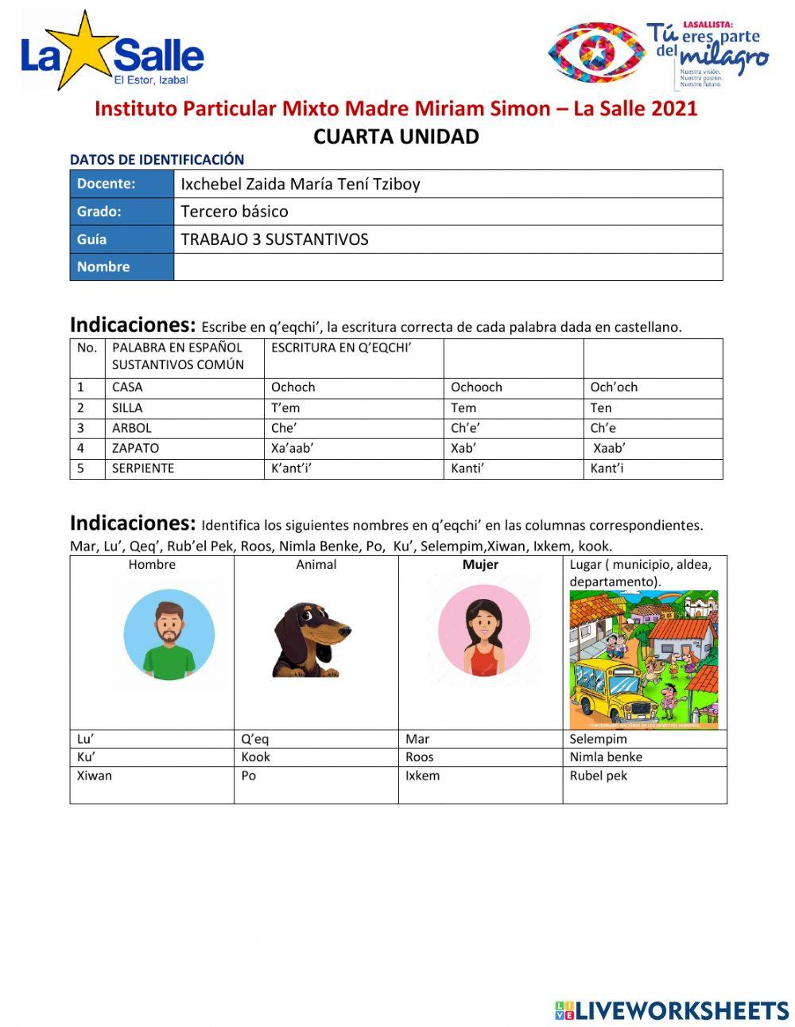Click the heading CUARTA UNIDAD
396,137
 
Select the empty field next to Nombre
448,266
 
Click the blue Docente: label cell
122,184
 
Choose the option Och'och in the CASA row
614,387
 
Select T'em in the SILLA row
285,408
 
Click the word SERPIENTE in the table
143,469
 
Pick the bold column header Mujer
480,565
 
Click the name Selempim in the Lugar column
598,739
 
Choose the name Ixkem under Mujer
422,776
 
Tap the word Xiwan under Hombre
95,776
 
